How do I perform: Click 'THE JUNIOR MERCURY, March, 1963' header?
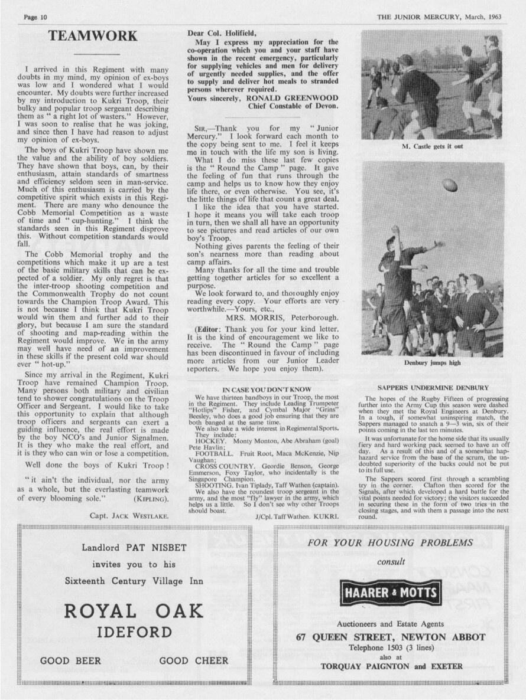pos(439,17)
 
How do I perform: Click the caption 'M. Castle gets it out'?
pos(431,147)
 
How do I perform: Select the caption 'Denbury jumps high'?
pos(432,362)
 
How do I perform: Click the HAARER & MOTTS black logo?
pos(391,592)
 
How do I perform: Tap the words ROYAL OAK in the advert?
pos(134,611)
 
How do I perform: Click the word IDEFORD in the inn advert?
pos(134,633)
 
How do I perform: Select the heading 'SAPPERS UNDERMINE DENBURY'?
pos(433,388)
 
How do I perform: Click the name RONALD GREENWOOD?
pos(293,97)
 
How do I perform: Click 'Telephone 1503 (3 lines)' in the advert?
pos(391,647)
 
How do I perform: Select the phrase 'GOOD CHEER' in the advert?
pos(194,660)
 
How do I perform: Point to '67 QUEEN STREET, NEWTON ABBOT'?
pos(391,637)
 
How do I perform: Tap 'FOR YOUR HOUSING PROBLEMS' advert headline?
pos(391,542)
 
